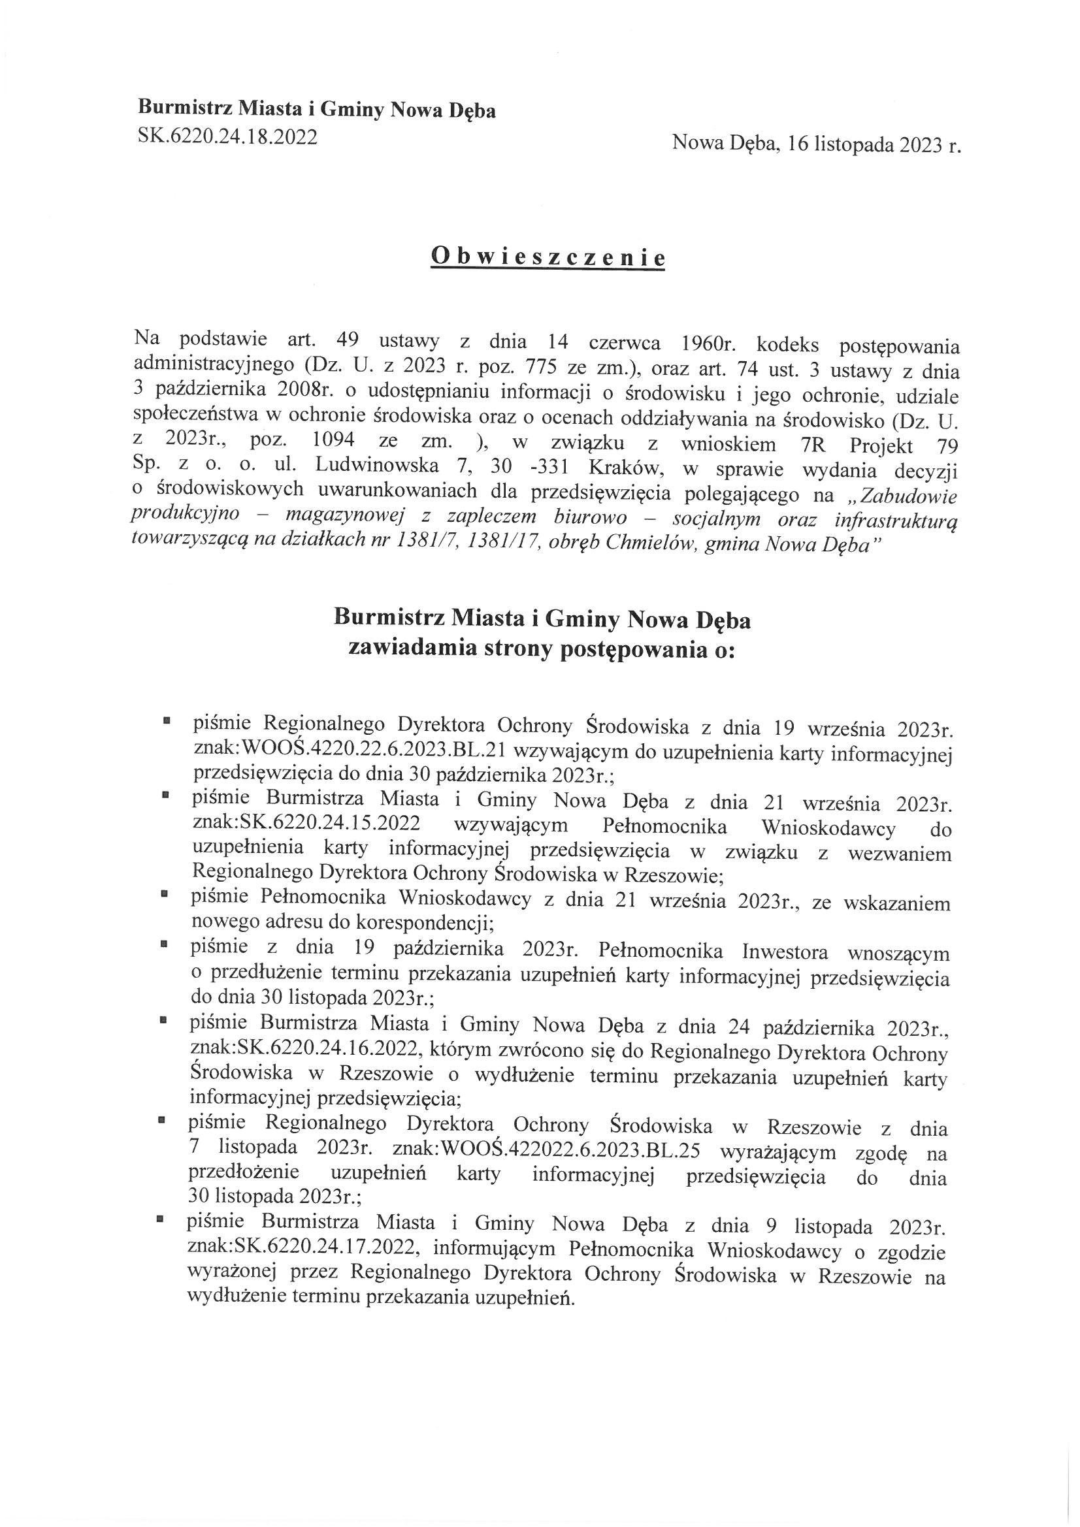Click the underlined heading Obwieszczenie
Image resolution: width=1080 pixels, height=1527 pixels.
click(548, 257)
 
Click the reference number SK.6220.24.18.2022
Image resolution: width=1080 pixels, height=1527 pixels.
click(227, 137)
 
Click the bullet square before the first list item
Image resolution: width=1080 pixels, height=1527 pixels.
click(167, 720)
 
